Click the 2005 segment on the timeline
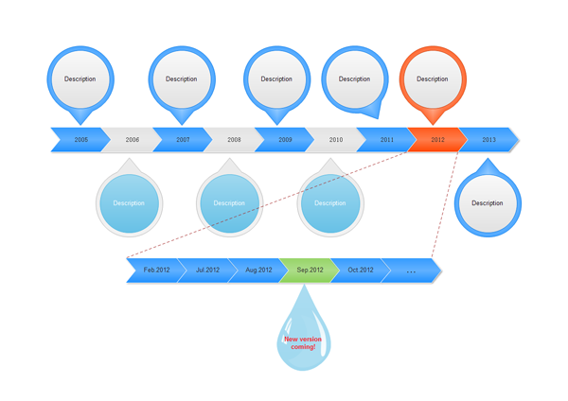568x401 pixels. click(80, 140)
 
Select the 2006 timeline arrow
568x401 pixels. click(132, 140)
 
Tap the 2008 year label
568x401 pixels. click(234, 140)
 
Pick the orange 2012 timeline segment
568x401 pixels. click(437, 140)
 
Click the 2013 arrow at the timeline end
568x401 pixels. click(488, 140)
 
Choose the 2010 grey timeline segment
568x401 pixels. click(336, 140)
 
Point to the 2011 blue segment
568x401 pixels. click(386, 140)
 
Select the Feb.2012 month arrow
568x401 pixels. click(156, 270)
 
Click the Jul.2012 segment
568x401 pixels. click(207, 270)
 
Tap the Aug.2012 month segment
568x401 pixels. click(258, 270)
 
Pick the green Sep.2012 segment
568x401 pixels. click(310, 270)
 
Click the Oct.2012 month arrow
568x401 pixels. click(361, 270)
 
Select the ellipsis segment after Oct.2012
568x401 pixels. click(412, 270)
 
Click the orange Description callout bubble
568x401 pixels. click(433, 79)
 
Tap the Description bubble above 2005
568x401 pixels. click(80, 79)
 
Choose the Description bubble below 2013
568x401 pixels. click(488, 202)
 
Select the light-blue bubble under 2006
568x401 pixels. click(130, 202)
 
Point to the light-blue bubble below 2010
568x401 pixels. click(330, 202)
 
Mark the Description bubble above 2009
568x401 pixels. click(276, 79)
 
